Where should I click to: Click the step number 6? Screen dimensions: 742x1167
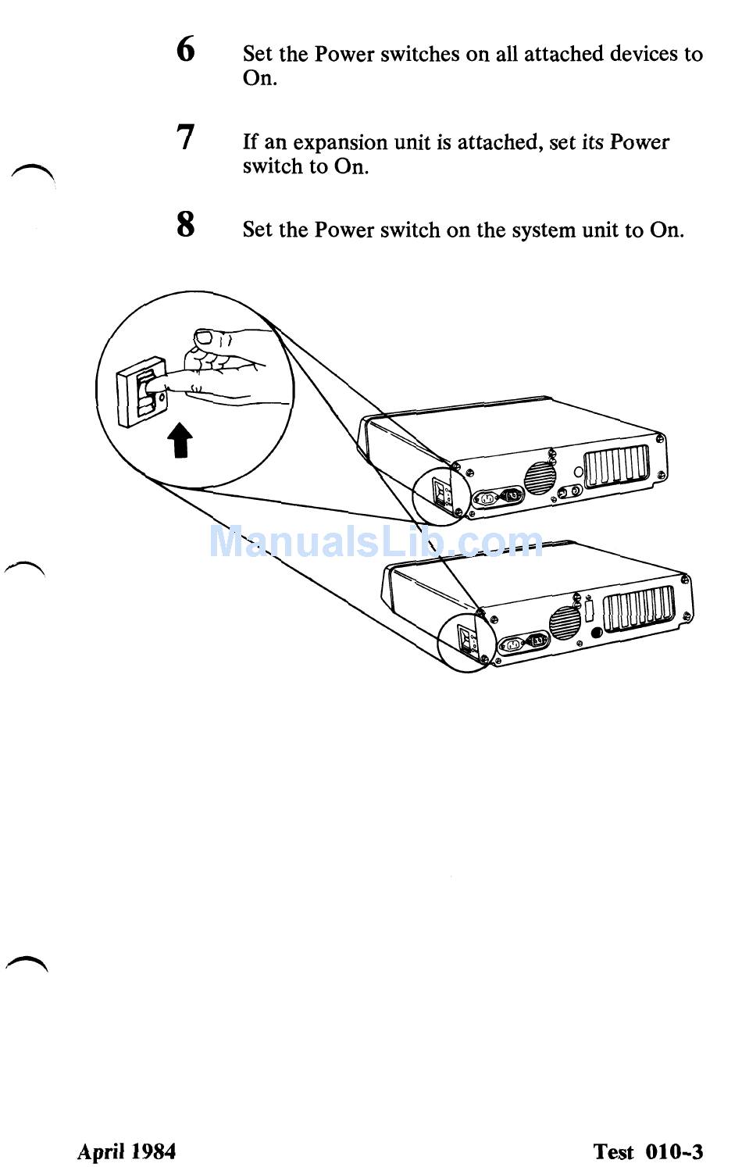point(185,49)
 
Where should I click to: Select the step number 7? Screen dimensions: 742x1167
point(185,137)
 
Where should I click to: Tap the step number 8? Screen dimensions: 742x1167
point(185,225)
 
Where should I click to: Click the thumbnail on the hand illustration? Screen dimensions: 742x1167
point(204,337)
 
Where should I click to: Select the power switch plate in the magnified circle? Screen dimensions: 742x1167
point(141,391)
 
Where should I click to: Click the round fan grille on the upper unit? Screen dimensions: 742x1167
point(539,477)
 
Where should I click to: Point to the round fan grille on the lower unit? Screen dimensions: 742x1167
point(565,623)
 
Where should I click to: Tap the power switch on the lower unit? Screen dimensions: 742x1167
point(466,640)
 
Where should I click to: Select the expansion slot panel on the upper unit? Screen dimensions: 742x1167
point(617,466)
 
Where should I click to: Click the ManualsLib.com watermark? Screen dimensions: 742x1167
point(376,541)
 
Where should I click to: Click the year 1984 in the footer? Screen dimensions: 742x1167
point(153,1151)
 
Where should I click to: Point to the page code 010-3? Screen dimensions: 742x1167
point(674,1151)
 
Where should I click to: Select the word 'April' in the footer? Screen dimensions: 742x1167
point(101,1151)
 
